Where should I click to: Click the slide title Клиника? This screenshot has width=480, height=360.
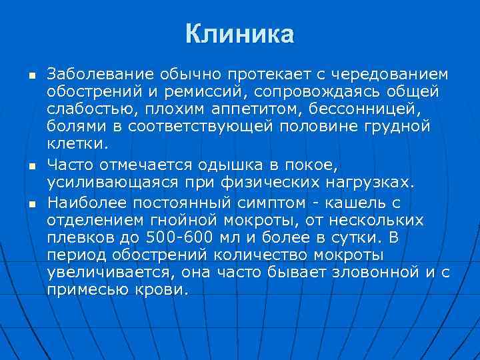click(x=239, y=33)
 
